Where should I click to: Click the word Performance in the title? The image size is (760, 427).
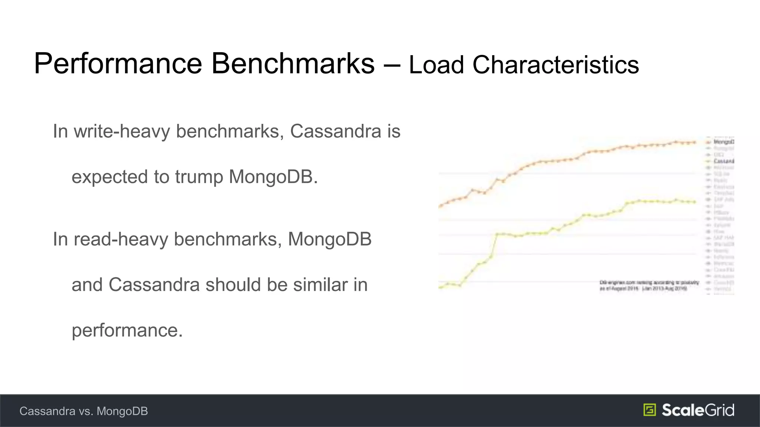[x=118, y=64]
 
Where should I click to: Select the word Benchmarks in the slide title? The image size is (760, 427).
[x=293, y=63]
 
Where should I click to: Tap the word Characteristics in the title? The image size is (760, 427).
[x=556, y=65]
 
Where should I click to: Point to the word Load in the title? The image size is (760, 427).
[x=436, y=65]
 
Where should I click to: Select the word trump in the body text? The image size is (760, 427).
[x=199, y=177]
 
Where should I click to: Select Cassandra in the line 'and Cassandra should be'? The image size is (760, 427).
[x=154, y=285]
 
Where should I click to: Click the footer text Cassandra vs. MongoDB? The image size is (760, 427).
[x=83, y=411]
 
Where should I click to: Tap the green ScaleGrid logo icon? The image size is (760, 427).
[x=650, y=410]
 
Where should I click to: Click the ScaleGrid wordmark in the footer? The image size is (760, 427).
[x=698, y=410]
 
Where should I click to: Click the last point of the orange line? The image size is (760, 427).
[x=694, y=142]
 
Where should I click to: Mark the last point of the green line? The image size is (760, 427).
[x=694, y=202]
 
